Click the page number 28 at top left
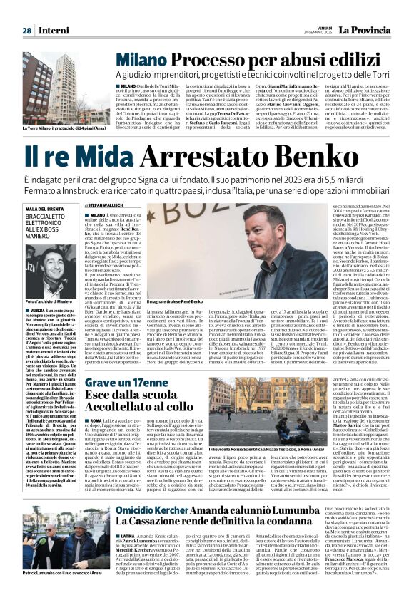click(27, 31)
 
